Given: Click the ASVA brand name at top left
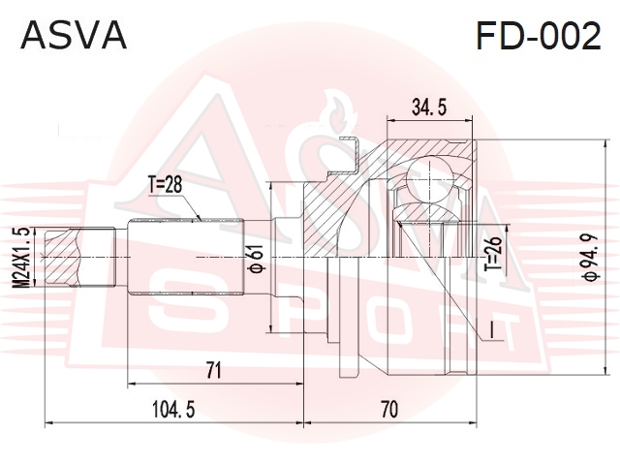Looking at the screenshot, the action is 74,35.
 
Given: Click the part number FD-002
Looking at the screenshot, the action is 539,35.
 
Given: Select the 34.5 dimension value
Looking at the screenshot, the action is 429,107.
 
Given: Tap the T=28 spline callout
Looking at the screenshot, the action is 165,185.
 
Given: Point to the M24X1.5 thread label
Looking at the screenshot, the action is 23,257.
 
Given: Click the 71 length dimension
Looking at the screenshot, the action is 213,370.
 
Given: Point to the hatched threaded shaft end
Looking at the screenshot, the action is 62,258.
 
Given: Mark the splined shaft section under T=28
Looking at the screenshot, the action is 185,257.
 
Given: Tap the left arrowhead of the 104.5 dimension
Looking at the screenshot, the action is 49,423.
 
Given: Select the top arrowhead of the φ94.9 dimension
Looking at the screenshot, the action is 604,144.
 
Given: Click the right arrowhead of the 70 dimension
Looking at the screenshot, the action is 473,423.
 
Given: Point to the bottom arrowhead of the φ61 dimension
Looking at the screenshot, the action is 270,328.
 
